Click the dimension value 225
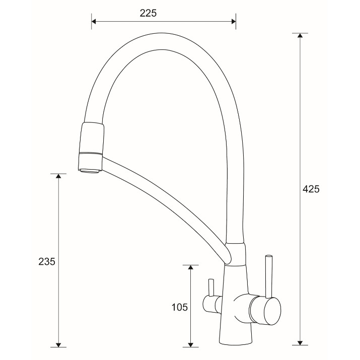[148, 13]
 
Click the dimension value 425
[311, 189]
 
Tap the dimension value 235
[47, 261]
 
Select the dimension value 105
[180, 307]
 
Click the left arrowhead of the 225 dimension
[94, 22]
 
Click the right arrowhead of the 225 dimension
[234, 22]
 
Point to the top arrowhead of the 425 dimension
[300, 36]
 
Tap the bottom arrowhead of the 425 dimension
[300, 342]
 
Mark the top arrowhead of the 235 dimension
[58, 176]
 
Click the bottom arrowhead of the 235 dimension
[58, 344]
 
